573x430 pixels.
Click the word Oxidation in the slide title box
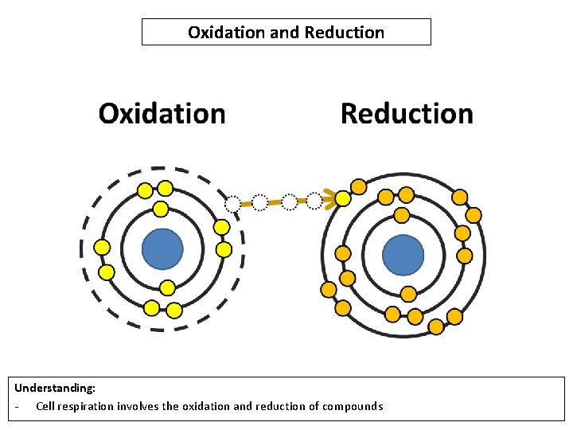point(220,33)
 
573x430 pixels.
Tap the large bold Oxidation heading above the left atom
point(162,113)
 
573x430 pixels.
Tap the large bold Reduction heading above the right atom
point(407,113)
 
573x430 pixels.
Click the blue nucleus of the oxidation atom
point(162,250)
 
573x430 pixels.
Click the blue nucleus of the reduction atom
point(403,256)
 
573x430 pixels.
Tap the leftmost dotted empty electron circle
point(232,204)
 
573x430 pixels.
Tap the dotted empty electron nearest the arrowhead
point(315,200)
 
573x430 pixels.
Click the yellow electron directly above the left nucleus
point(161,209)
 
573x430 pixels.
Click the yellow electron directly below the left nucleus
point(167,287)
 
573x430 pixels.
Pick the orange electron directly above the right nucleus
point(402,215)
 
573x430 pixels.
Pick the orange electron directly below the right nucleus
point(408,294)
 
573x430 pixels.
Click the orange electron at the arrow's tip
point(343,197)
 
